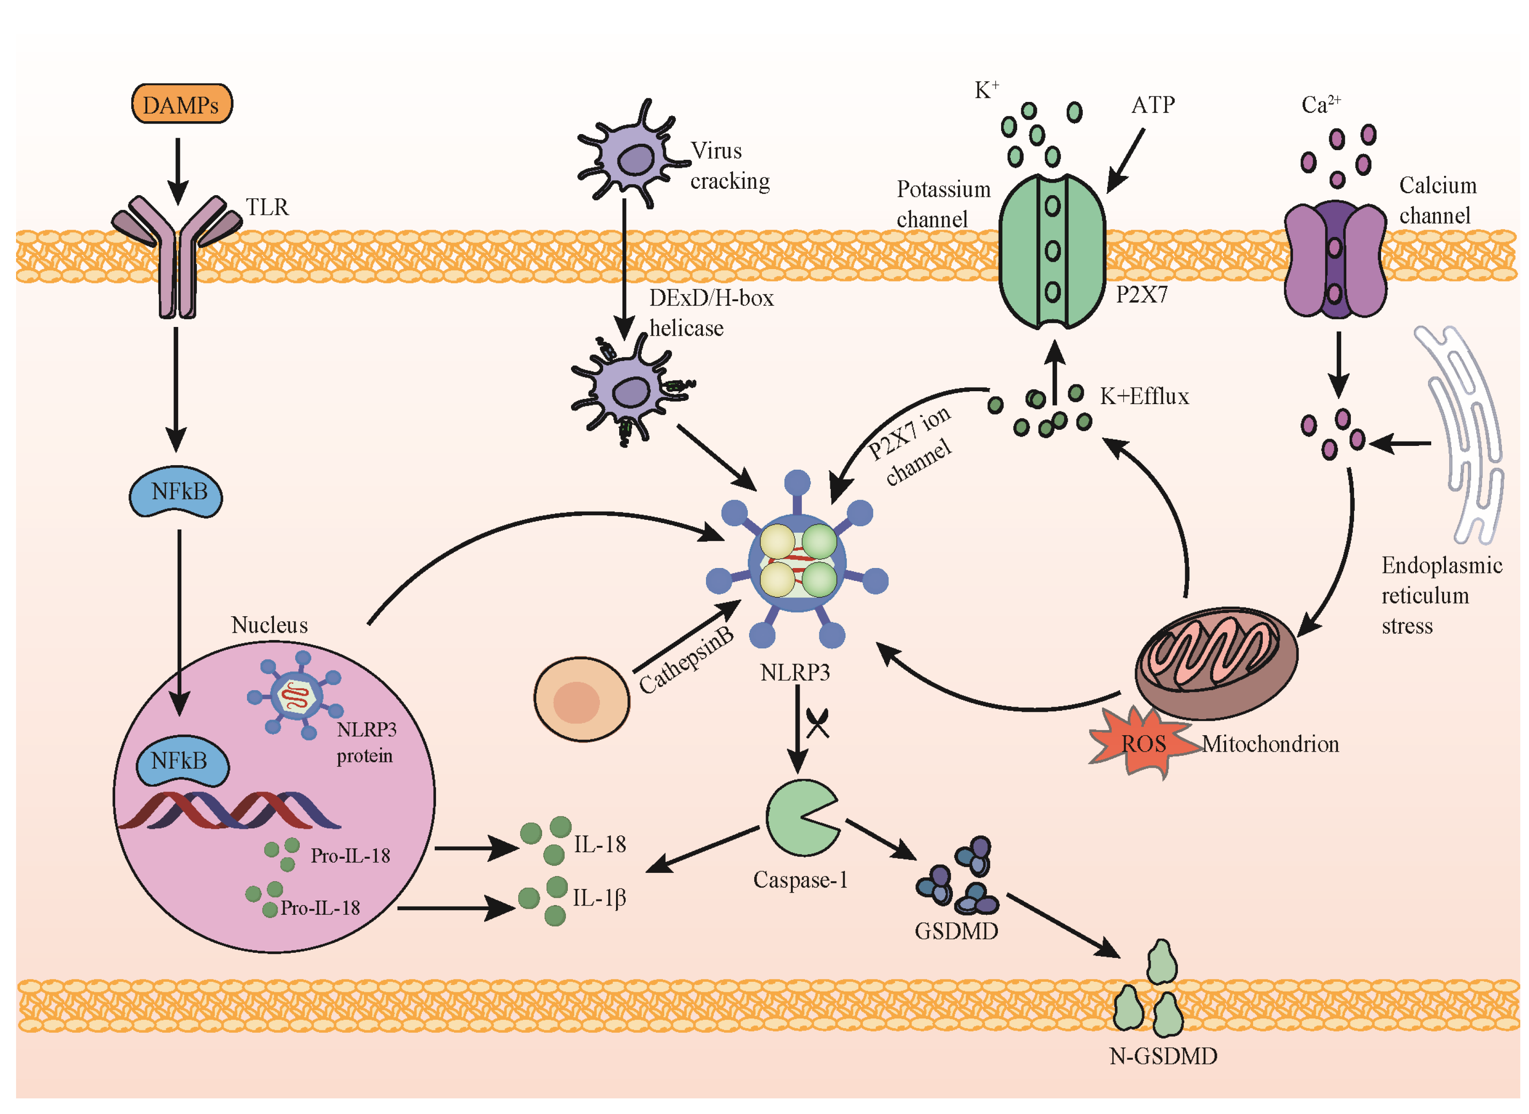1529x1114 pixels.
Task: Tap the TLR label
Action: [x=267, y=207]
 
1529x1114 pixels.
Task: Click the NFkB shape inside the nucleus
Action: [x=181, y=762]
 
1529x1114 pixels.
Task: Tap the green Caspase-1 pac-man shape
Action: [x=799, y=817]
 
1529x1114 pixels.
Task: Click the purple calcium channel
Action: [x=1335, y=259]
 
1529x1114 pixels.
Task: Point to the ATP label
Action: [x=1152, y=105]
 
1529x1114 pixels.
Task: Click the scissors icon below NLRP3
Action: [x=817, y=724]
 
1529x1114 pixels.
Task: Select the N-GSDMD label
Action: [x=1163, y=1056]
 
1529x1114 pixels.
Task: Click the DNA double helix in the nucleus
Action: [x=229, y=810]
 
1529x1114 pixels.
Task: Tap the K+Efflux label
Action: [x=1144, y=396]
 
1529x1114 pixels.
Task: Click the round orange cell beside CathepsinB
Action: [x=581, y=700]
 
